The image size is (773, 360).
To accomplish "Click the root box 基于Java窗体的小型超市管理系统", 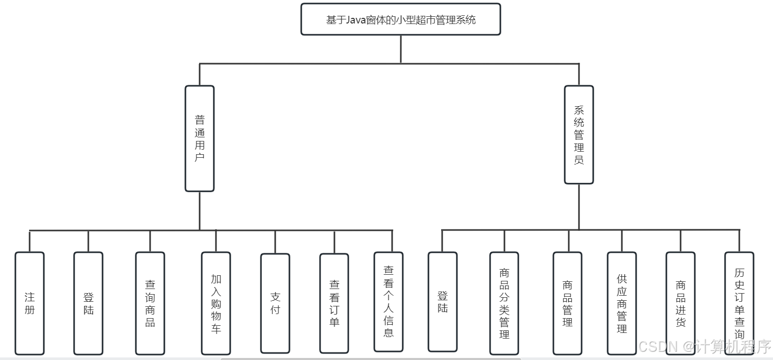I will tap(400, 19).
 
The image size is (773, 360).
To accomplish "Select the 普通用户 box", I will tap(200, 138).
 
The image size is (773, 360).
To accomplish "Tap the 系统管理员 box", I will tap(578, 135).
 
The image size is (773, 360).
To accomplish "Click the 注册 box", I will tap(30, 303).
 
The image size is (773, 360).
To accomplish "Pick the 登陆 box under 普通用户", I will tap(88, 303).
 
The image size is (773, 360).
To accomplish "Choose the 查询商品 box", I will tap(150, 303).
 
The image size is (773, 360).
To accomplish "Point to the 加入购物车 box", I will tap(216, 303).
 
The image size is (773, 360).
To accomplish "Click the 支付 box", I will tap(275, 303).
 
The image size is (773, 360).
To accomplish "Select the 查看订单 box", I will tap(334, 303).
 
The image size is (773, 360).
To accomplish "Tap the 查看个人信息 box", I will tap(389, 301).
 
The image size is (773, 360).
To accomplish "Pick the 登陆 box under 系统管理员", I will tap(443, 301).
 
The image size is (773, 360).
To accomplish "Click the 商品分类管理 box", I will tap(504, 303).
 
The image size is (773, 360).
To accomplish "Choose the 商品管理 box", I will tap(567, 303).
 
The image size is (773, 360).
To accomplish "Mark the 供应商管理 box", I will tap(622, 303).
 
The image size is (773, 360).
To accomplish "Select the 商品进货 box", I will tap(681, 303).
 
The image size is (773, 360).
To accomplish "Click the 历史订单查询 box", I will tap(739, 303).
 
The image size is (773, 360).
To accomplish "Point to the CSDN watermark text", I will tap(705, 347).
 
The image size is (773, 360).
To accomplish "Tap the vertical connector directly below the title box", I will tap(401, 49).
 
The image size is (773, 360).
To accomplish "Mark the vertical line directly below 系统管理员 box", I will tap(579, 207).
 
